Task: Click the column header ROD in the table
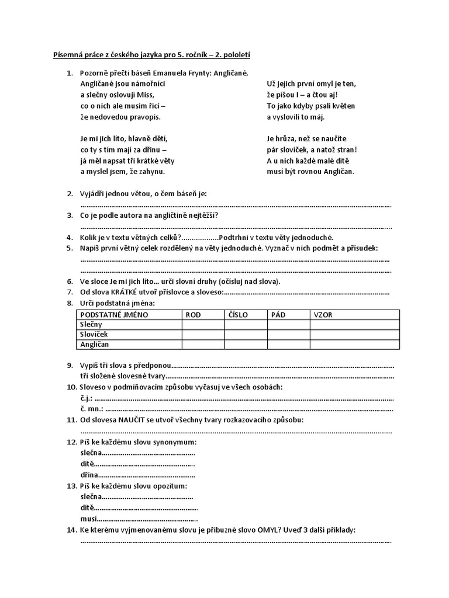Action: point(193,314)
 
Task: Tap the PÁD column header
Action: point(278,314)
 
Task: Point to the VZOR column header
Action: point(323,314)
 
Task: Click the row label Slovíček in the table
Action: point(94,334)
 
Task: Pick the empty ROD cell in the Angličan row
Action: point(202,345)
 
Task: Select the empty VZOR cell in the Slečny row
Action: point(354,324)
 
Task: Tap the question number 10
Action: point(71,387)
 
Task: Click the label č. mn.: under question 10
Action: point(92,408)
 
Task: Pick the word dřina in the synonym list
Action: point(89,475)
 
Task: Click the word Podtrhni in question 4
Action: point(236,237)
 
